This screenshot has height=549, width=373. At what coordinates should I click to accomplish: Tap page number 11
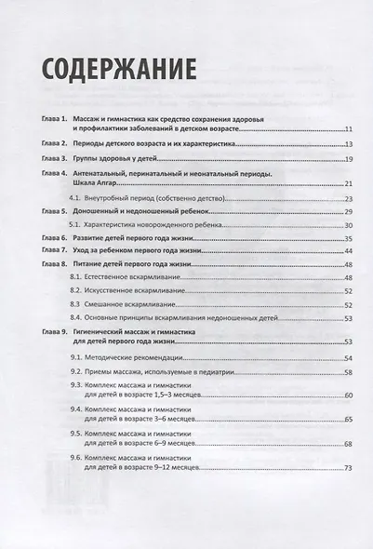point(346,131)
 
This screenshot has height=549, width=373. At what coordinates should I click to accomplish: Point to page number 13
point(346,146)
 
